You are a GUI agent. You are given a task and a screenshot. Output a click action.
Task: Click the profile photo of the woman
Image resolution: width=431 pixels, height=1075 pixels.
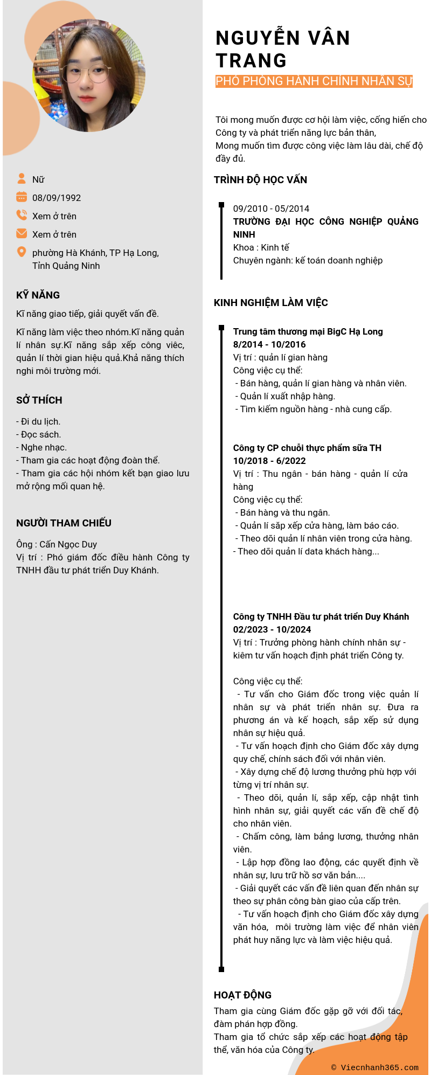(x=89, y=75)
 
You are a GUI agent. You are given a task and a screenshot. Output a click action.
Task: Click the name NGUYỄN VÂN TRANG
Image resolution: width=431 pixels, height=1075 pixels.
(x=283, y=49)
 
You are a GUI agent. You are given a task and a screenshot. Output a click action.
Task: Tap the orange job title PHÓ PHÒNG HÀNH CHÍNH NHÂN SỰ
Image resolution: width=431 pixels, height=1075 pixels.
(x=314, y=81)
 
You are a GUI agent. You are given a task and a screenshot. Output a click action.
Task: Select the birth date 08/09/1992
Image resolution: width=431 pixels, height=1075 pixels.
(x=57, y=198)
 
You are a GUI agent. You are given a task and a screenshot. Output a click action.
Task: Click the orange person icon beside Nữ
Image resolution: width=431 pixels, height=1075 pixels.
(x=22, y=178)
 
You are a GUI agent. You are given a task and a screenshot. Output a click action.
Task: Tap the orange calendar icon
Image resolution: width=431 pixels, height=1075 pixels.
(x=22, y=197)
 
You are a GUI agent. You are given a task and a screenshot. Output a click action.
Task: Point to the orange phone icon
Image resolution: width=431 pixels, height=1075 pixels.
(x=22, y=215)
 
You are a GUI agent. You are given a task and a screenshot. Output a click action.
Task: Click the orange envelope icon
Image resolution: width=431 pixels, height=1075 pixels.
(x=22, y=233)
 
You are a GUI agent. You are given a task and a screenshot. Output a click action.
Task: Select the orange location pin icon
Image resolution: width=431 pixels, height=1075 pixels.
(x=22, y=252)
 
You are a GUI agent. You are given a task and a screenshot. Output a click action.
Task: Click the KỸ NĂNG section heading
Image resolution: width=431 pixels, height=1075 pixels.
(x=38, y=295)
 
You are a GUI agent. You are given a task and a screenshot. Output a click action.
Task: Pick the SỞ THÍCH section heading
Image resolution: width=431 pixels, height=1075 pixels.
(x=39, y=400)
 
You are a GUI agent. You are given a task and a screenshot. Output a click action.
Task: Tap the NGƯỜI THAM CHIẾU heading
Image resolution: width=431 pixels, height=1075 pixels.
(x=64, y=523)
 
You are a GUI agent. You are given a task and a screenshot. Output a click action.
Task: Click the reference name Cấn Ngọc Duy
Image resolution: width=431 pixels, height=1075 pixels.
(x=68, y=544)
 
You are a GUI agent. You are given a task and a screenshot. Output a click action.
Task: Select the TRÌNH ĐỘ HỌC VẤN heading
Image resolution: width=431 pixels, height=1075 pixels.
(x=260, y=180)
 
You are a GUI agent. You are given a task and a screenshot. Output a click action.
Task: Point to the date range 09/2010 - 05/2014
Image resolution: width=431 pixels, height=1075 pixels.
(x=271, y=209)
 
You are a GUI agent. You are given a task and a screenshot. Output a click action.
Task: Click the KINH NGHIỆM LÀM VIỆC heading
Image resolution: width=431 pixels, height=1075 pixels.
(x=270, y=303)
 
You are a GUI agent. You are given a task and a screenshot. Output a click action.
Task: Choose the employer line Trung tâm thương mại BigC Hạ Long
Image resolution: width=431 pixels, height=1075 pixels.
(x=308, y=331)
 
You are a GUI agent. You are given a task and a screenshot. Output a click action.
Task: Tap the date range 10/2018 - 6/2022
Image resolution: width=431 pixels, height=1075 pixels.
(x=269, y=461)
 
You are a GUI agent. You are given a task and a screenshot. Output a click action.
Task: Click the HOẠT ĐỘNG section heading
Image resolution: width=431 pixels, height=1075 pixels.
(x=242, y=995)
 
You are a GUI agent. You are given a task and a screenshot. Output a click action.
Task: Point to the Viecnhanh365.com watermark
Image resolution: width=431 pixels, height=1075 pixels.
(x=374, y=1067)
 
